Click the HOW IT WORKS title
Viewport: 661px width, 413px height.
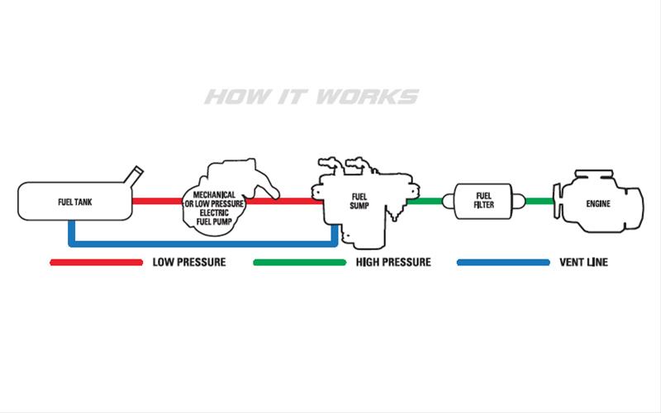coord(311,97)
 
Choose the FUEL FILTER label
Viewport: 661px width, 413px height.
coord(484,201)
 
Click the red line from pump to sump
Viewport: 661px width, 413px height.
coord(289,200)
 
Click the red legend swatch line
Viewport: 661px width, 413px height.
coord(96,263)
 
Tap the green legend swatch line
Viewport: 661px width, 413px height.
coord(299,263)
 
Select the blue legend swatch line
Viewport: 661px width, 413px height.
coord(503,263)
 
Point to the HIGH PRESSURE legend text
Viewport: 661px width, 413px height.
coord(393,263)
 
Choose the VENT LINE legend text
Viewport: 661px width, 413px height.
coord(583,263)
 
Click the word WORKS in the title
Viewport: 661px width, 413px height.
coord(368,97)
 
